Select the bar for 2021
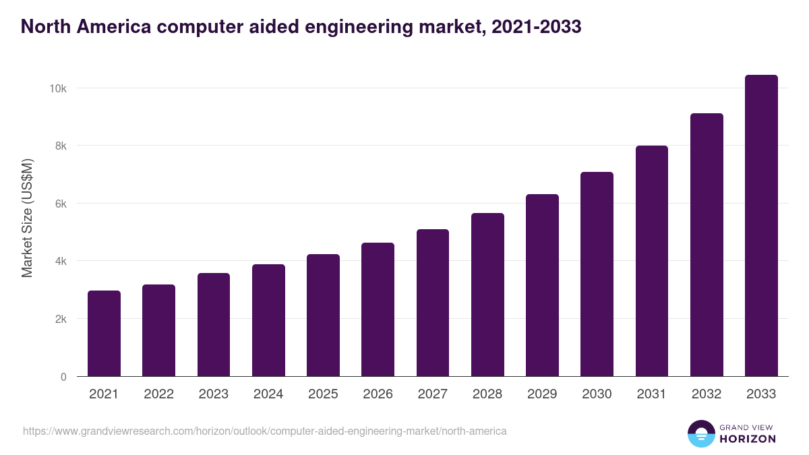[x=104, y=334]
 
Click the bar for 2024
[x=268, y=320]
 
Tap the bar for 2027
[x=433, y=303]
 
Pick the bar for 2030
[x=597, y=274]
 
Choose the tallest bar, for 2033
[x=761, y=226]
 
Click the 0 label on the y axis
[x=63, y=377]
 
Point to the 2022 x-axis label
[x=158, y=394]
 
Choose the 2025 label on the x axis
[x=323, y=394]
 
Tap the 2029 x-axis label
[x=542, y=394]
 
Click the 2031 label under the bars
[x=652, y=394]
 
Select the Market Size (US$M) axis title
[x=27, y=218]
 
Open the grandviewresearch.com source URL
[x=264, y=431]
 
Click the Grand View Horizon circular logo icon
[x=700, y=433]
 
